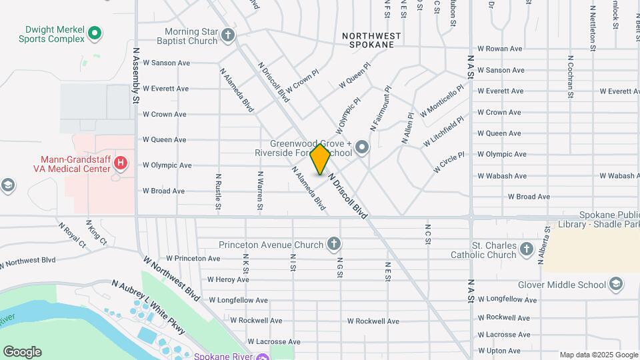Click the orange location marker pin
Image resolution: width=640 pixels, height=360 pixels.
[x=321, y=159]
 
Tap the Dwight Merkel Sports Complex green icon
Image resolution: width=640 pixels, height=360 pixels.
[x=95, y=32]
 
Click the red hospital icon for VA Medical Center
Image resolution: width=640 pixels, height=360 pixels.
[x=120, y=162]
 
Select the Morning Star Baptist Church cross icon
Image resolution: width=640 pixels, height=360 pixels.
[x=228, y=35]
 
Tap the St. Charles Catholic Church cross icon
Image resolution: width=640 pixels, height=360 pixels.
[x=527, y=249]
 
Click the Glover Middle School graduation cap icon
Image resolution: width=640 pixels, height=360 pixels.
[x=616, y=285]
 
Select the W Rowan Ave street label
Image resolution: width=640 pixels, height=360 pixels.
[x=499, y=49]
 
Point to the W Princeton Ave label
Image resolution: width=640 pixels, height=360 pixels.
[x=193, y=258]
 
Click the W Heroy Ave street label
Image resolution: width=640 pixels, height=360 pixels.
[x=228, y=279]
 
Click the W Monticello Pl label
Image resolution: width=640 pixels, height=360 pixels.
[x=441, y=100]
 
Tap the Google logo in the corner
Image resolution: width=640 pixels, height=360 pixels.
[x=22, y=351]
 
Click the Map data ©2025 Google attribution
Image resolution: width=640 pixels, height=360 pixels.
[x=598, y=355]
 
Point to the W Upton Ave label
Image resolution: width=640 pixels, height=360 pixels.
[x=499, y=351]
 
